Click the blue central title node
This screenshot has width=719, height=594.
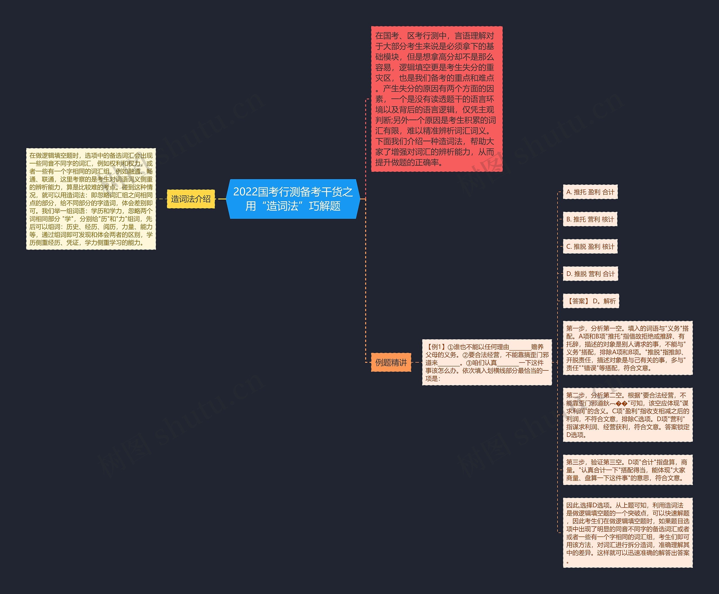293,199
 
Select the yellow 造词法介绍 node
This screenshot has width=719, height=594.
191,199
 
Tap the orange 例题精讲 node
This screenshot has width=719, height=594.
391,362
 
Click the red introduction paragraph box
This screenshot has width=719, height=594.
436,99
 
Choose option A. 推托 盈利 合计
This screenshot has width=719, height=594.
590,192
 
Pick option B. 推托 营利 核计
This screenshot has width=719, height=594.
590,219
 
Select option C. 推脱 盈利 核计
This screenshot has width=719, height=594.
590,247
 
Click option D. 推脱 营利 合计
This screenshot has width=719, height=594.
590,274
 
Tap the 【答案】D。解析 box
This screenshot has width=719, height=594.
591,301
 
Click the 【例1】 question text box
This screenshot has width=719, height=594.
487,362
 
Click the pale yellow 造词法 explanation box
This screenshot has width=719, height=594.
91,199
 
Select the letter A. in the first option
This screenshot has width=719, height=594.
569,192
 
